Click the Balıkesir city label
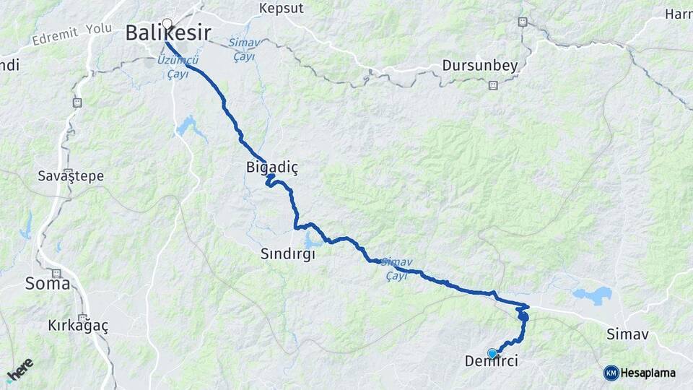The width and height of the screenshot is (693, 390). (168, 33)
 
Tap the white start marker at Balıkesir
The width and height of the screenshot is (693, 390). (167, 24)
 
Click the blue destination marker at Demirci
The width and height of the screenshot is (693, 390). (492, 353)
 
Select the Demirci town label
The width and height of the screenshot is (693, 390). (492, 360)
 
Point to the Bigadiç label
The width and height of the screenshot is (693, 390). (271, 168)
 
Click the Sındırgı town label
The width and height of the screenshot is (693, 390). (288, 254)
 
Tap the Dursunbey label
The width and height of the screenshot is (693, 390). (481, 66)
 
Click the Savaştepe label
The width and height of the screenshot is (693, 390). (71, 175)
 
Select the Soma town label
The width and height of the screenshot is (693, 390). (48, 283)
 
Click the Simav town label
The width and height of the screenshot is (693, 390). (628, 334)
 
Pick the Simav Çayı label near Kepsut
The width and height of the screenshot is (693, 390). (242, 49)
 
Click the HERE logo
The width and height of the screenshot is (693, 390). (20, 369)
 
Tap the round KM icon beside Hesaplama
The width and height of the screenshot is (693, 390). (611, 373)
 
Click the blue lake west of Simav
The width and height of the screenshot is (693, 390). (592, 294)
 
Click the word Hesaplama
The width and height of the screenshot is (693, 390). (648, 373)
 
